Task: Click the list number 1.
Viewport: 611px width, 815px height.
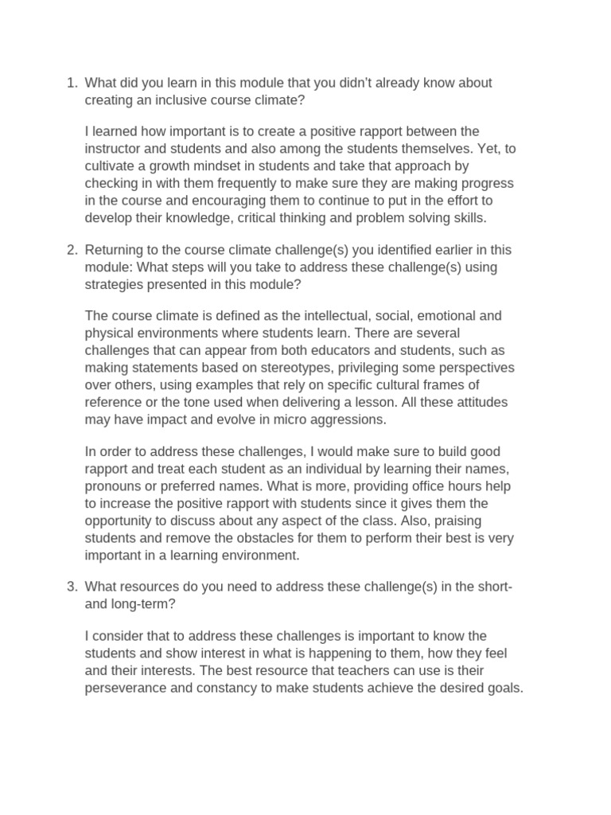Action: [x=71, y=84]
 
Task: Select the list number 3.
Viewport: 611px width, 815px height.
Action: [x=71, y=587]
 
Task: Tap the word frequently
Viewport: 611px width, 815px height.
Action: [x=247, y=183]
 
